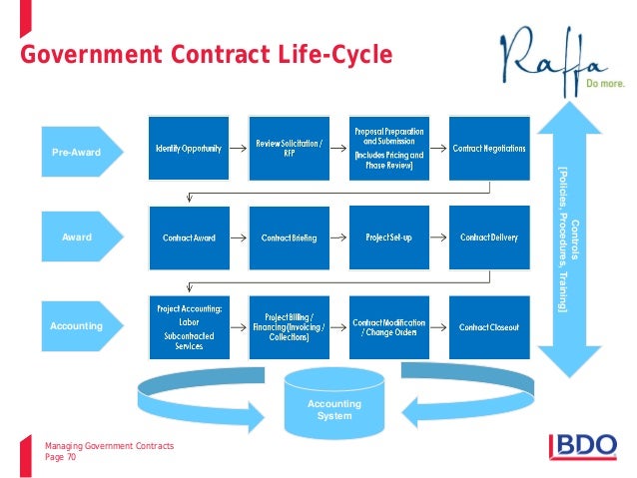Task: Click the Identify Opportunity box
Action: pyautogui.click(x=189, y=149)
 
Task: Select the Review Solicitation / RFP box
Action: pyautogui.click(x=290, y=149)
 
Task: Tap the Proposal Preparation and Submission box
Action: pyautogui.click(x=389, y=149)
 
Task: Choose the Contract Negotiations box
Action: pyautogui.click(x=488, y=149)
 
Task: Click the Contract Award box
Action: pyautogui.click(x=189, y=238)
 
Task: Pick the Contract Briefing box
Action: pyautogui.click(x=290, y=238)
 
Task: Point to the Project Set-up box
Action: pyautogui.click(x=389, y=238)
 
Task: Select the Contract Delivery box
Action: pyautogui.click(x=488, y=238)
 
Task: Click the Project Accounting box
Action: pyautogui.click(x=189, y=325)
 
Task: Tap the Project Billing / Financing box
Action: pyautogui.click(x=290, y=325)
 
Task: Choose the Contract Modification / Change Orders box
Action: pyautogui.click(x=389, y=325)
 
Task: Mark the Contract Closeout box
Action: pyautogui.click(x=488, y=325)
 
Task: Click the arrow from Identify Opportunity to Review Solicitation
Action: pyautogui.click(x=240, y=149)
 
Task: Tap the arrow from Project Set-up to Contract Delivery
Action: pyautogui.click(x=439, y=238)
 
